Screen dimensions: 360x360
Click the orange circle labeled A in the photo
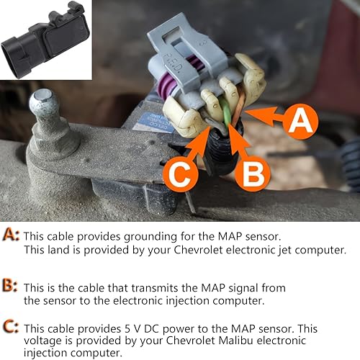[300, 122]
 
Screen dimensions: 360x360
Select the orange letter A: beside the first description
[11, 235]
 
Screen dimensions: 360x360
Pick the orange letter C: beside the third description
[11, 325]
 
